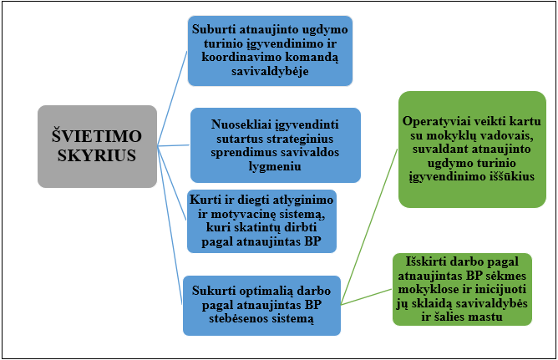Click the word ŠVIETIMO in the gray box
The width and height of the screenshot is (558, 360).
pos(97,135)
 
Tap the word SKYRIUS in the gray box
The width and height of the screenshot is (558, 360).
pos(97,155)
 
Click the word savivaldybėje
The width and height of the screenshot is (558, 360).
pos(270,72)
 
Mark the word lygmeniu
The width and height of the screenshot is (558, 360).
pos(275,166)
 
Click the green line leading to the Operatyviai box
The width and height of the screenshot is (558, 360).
pos(369,226)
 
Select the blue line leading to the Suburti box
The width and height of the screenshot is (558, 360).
pos(172,99)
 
